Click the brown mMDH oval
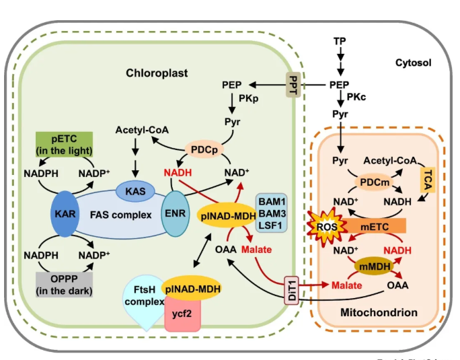click(x=374, y=266)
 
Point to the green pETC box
click(x=63, y=144)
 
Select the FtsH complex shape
click(x=143, y=299)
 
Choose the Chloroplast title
click(x=157, y=72)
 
